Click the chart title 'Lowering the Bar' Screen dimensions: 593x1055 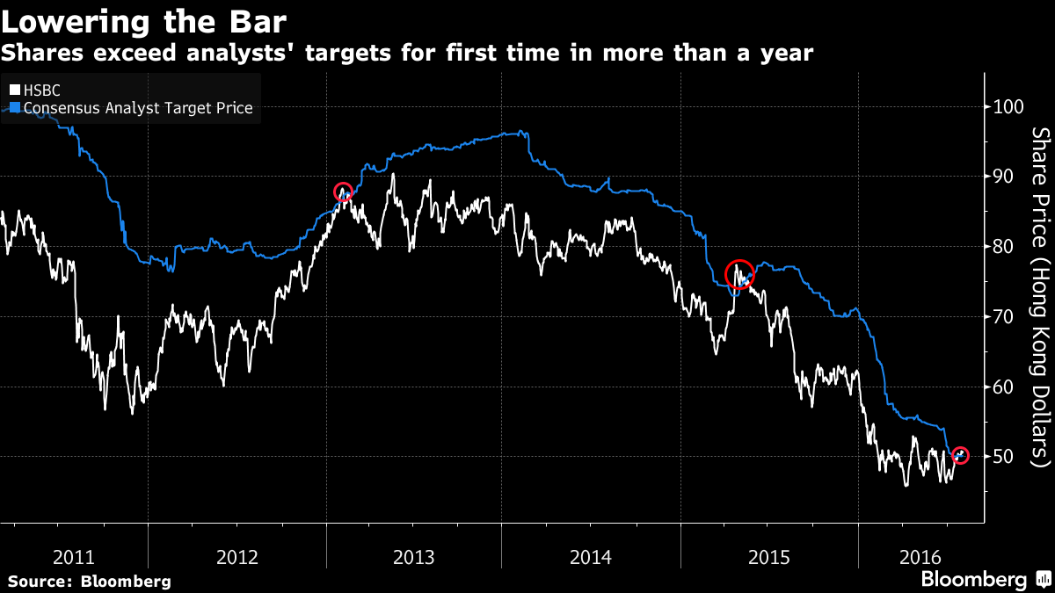tap(144, 19)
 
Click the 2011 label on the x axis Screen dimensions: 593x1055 tap(74, 557)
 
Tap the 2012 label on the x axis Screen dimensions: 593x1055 tap(236, 557)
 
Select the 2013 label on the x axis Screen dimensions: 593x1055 tap(413, 557)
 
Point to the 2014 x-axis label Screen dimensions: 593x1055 tap(591, 557)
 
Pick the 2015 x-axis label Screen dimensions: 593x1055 tap(768, 557)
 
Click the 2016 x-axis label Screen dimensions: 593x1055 tap(921, 557)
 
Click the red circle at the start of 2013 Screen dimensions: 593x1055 tap(344, 192)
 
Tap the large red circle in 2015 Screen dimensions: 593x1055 tap(739, 274)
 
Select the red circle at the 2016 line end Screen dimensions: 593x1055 tap(960, 455)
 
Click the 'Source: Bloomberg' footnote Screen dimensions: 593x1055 tap(90, 582)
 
